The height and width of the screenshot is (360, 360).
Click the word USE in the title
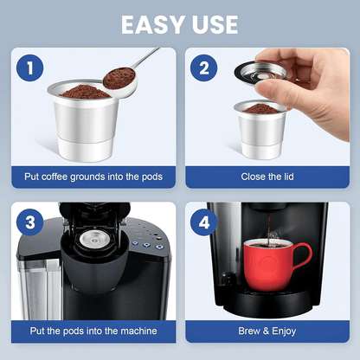(x=217, y=24)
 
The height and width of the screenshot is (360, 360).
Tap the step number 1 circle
(x=30, y=67)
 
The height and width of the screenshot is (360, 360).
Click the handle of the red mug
(x=304, y=258)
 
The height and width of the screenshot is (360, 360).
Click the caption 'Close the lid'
(x=266, y=177)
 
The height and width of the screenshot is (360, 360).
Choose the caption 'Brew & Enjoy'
(x=266, y=331)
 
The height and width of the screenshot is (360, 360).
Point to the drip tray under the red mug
(x=268, y=303)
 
